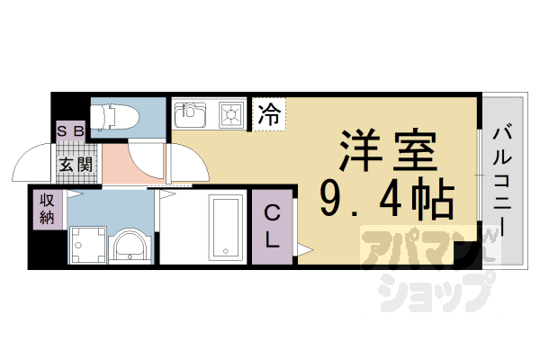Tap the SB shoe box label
click(x=71, y=130)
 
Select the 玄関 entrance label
click(x=76, y=165)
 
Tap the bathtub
click(x=223, y=229)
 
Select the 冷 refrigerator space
click(x=268, y=114)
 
